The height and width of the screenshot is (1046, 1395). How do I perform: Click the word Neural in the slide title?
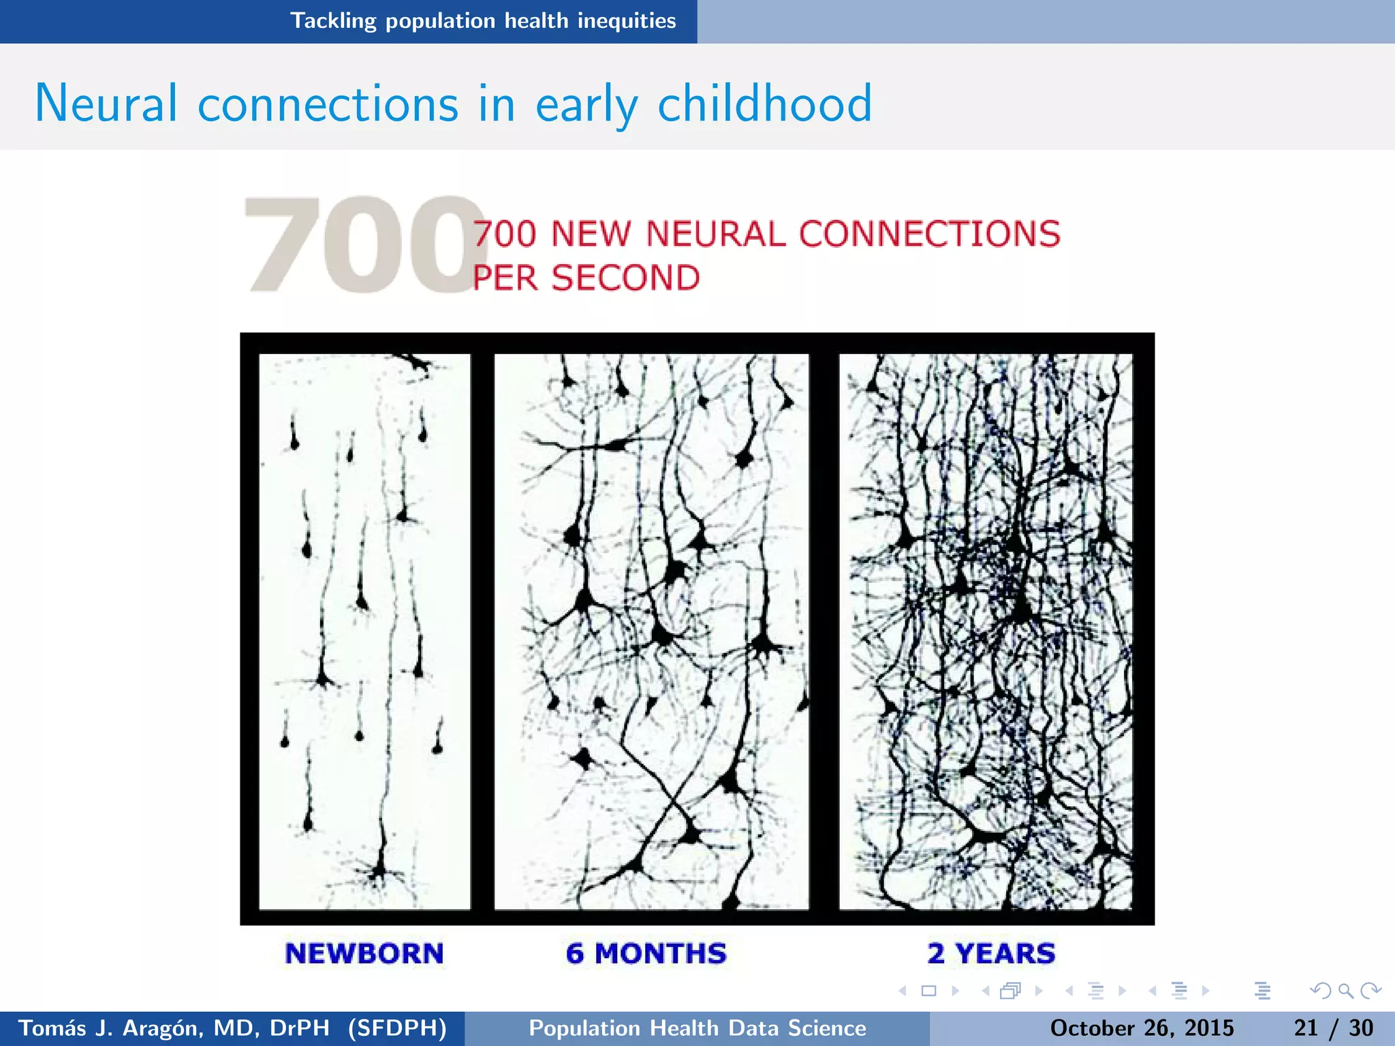[106, 104]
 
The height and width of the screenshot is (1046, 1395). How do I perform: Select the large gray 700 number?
[361, 245]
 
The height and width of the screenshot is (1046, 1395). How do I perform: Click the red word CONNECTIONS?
[929, 234]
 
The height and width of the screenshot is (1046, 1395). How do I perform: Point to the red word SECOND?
[625, 278]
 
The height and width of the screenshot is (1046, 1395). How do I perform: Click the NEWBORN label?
[364, 953]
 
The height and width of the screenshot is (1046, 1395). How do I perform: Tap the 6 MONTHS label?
[646, 953]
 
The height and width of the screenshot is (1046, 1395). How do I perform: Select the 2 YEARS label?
[991, 953]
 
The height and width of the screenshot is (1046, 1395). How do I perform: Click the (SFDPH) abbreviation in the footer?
[397, 1028]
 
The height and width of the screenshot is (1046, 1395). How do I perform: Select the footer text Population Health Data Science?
[697, 1028]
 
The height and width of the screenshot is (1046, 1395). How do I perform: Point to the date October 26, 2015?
[1142, 1028]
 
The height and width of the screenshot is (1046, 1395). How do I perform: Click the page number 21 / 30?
[1333, 1028]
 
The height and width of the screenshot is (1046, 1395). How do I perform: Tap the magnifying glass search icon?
[1345, 991]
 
